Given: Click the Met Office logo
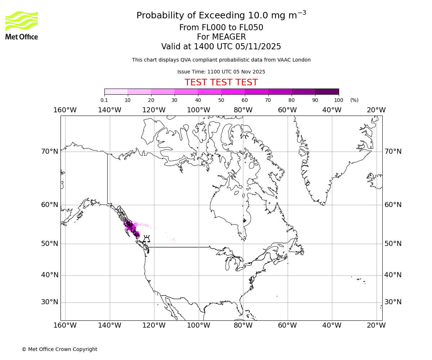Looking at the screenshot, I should click(22, 25).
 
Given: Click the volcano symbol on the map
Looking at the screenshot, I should click(147, 239).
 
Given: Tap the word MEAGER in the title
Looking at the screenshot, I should click(221, 37).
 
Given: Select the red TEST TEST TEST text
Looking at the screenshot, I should click(221, 82).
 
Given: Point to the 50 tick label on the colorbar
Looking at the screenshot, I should click(221, 100).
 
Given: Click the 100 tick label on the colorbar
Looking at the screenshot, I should click(338, 100).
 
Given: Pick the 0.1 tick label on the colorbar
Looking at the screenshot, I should click(104, 100).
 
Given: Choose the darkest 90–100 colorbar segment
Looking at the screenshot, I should click(327, 91).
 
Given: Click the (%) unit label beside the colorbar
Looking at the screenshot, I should click(354, 100).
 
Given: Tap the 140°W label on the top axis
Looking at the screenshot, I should click(109, 110).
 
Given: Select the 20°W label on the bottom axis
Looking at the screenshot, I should click(376, 325).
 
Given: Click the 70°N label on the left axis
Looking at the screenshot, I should click(50, 152).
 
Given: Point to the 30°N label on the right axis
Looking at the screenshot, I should click(393, 302).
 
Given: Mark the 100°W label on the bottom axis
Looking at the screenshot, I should click(198, 325).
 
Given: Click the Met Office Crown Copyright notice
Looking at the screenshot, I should click(59, 349).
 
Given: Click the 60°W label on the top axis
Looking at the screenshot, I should click(287, 110).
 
